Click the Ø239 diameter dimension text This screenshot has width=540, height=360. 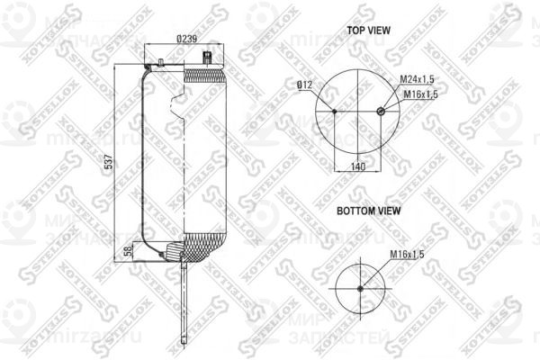point(186,38)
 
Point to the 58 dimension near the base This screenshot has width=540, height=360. point(128,251)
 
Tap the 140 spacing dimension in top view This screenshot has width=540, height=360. point(357,166)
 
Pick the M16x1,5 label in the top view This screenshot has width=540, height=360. point(420,93)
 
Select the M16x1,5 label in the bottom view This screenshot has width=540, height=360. point(408,256)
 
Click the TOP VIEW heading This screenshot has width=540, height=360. point(369,29)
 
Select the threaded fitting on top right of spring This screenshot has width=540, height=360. point(207,58)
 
